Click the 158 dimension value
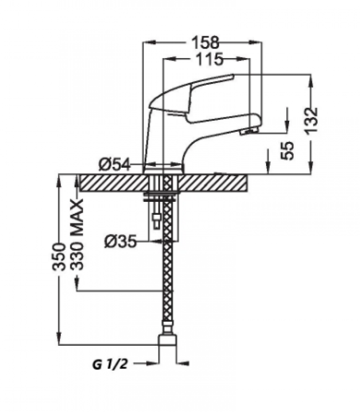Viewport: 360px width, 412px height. coord(205,42)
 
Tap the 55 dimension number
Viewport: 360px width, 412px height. coord(287,150)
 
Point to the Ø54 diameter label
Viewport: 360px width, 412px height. coord(115,165)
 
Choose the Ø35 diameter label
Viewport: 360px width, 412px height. coord(120,241)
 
